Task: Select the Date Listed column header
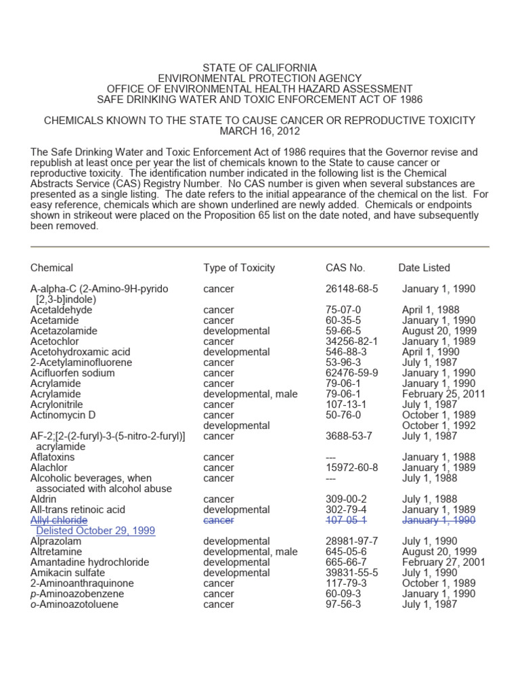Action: coord(424,268)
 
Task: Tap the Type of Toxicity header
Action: coord(239,268)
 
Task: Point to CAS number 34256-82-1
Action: coord(351,342)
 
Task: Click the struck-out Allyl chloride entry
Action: coord(59,520)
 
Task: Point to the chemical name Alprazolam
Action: coord(56,542)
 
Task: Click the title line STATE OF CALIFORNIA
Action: coord(259,68)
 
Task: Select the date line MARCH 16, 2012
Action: coord(259,131)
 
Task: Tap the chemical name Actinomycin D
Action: coord(63,415)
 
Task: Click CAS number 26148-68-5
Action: coord(351,289)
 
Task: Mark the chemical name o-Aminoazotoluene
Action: coord(74,605)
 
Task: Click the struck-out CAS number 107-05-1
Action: coord(346,520)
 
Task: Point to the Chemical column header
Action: coord(51,268)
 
